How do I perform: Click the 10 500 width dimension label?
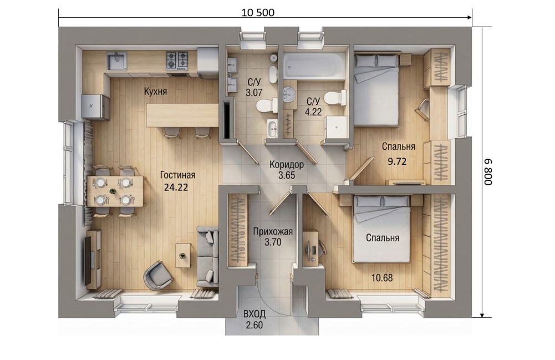point(258,12)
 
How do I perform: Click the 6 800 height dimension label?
point(488,172)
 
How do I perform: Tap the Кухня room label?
point(155,92)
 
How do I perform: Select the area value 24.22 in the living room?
point(176,187)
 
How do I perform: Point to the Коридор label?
point(286,165)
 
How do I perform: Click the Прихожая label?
point(273,232)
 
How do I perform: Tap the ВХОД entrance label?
point(254,315)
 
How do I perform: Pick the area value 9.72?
point(397,162)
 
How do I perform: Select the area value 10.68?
point(382,278)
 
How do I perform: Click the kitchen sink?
point(116,61)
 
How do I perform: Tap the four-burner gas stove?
point(177,60)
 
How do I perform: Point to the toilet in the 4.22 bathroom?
point(335,98)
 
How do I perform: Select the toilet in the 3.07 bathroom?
point(267,105)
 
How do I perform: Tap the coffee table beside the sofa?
point(182,255)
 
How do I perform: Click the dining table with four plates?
point(115,191)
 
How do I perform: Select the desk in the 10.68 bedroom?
point(311,247)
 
